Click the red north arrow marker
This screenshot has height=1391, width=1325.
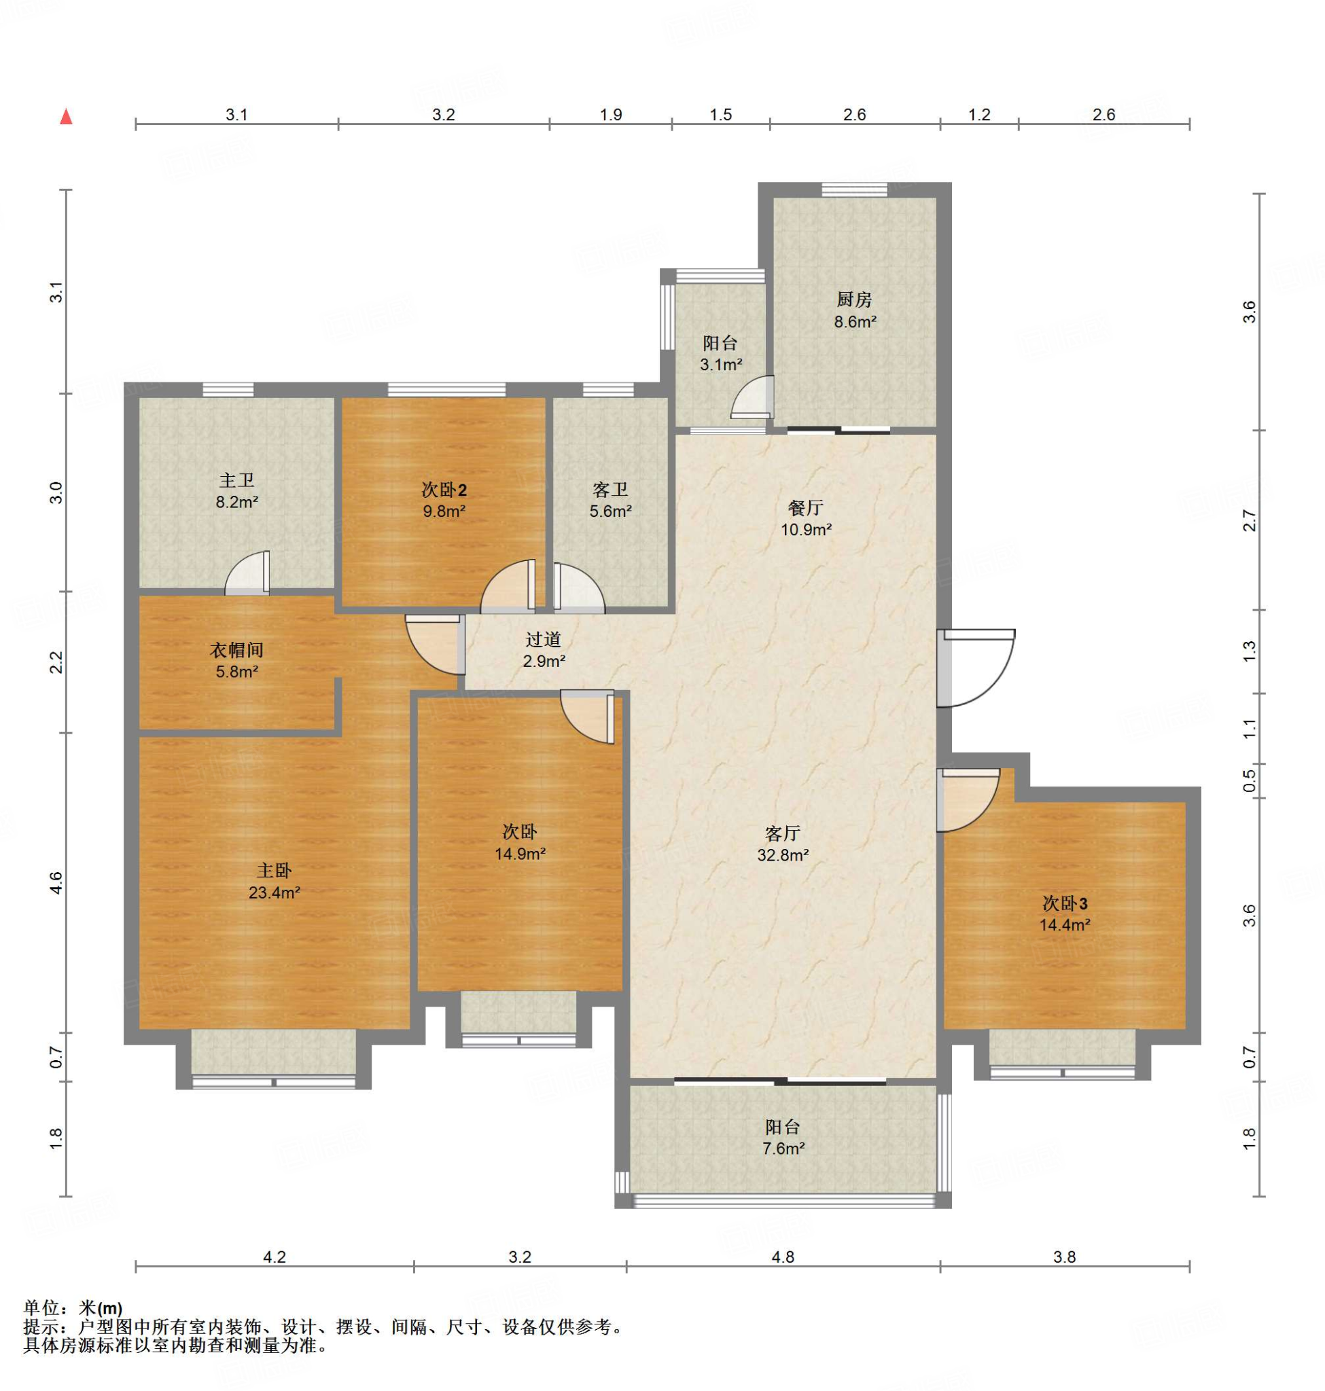pyautogui.click(x=67, y=117)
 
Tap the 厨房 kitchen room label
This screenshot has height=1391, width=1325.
pyautogui.click(x=855, y=300)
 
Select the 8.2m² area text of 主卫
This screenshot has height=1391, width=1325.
pyautogui.click(x=236, y=502)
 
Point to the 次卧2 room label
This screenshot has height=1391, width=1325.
pyautogui.click(x=444, y=489)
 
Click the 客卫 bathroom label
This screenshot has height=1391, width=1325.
pyautogui.click(x=610, y=489)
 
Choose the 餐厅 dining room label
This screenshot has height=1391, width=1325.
pyautogui.click(x=805, y=507)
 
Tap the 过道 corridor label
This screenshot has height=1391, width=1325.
pyautogui.click(x=543, y=639)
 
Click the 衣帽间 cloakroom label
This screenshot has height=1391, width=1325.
pyautogui.click(x=236, y=649)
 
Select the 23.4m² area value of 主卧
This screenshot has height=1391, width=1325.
pyautogui.click(x=274, y=892)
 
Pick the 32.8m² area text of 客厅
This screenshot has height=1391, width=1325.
pyautogui.click(x=783, y=855)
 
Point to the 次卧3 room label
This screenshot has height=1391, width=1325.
pyautogui.click(x=1065, y=903)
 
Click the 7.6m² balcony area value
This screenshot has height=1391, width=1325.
pyautogui.click(x=783, y=1149)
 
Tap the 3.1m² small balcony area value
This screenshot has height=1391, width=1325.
pyautogui.click(x=721, y=365)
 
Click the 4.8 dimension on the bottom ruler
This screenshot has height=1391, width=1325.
pyautogui.click(x=783, y=1257)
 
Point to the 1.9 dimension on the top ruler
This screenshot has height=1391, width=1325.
pyautogui.click(x=611, y=114)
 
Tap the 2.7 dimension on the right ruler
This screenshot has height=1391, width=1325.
pyautogui.click(x=1250, y=520)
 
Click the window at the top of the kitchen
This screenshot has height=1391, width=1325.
pyautogui.click(x=855, y=189)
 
